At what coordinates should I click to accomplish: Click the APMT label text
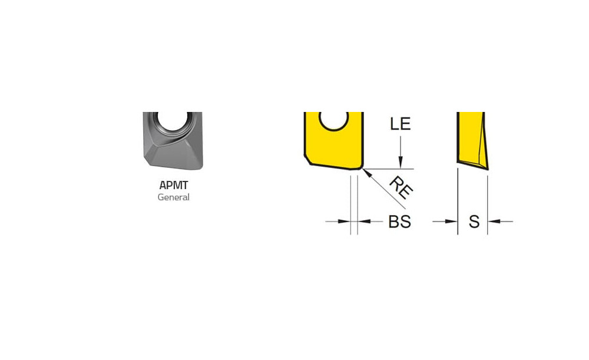point(174,185)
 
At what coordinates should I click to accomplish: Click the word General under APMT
point(174,197)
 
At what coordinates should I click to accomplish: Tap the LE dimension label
point(401,124)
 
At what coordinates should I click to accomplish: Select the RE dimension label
point(401,187)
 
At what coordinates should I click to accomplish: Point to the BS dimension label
point(400,222)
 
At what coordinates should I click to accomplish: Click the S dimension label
point(474,222)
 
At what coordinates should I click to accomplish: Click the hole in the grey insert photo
point(173,120)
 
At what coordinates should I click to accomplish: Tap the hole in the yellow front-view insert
point(333,121)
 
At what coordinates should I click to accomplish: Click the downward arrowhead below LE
point(401,163)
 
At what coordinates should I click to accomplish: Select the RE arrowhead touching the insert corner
point(368,174)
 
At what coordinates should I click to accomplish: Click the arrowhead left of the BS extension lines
point(344,222)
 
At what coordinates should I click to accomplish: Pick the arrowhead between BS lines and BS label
point(363,222)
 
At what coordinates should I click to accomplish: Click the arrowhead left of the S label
point(451,222)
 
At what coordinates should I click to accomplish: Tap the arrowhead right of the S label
point(494,222)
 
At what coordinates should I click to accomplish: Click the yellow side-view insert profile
point(472,140)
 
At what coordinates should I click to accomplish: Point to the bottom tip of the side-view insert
point(488,170)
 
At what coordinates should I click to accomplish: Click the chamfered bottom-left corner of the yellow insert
point(307,159)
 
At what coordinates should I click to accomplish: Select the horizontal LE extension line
point(388,169)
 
